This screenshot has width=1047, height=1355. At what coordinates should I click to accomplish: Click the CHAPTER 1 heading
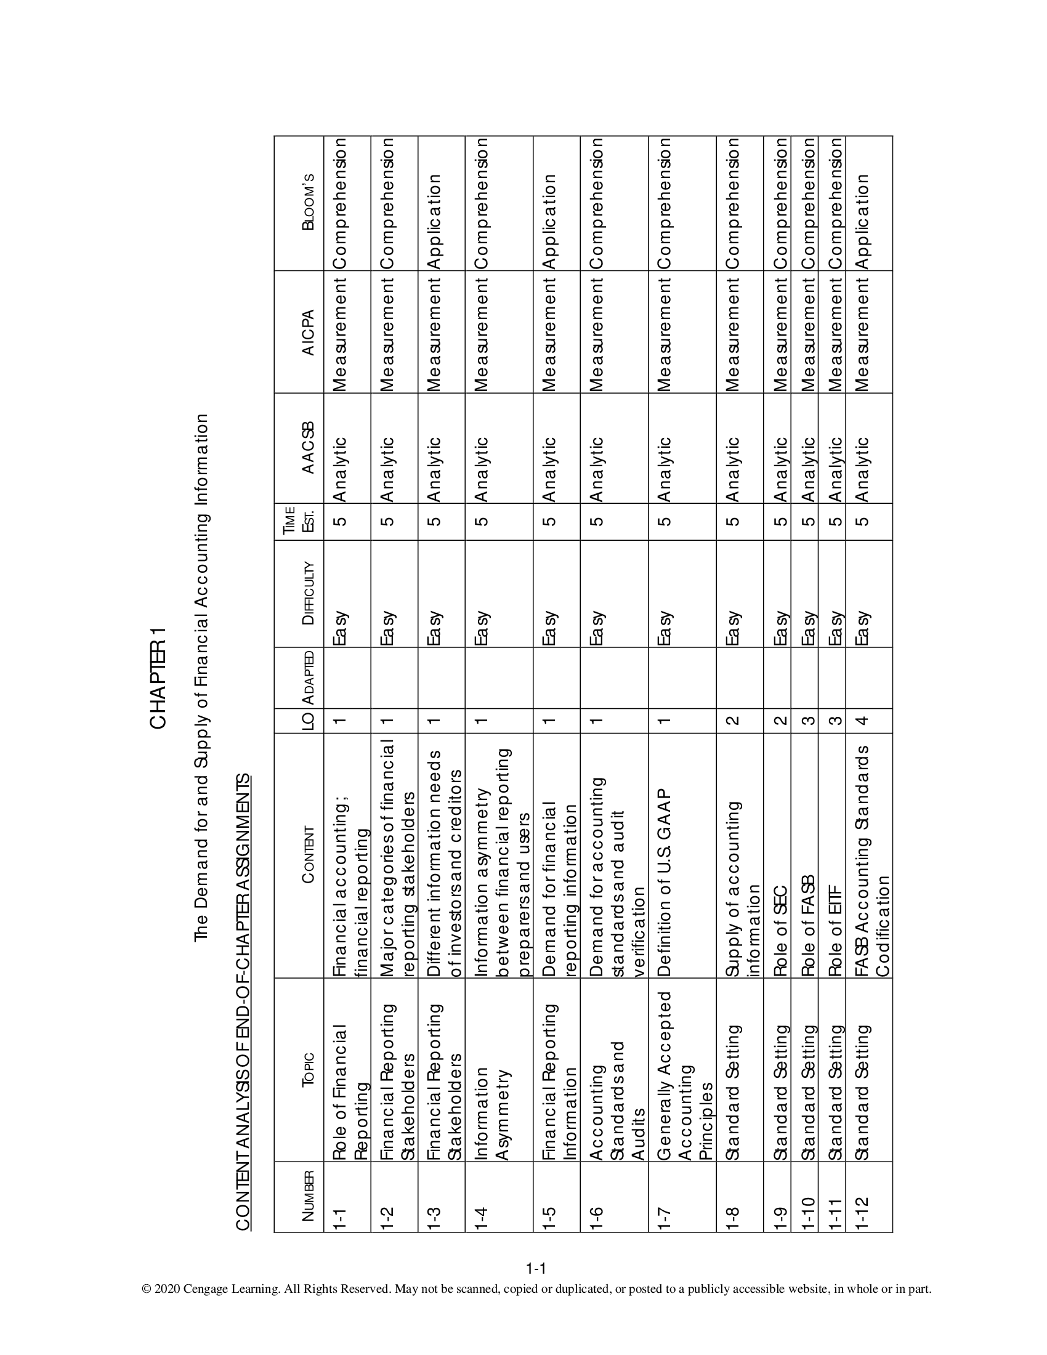pyautogui.click(x=158, y=678)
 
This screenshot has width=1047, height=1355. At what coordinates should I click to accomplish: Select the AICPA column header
pyautogui.click(x=309, y=332)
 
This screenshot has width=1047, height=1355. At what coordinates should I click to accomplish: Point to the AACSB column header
pyautogui.click(x=309, y=447)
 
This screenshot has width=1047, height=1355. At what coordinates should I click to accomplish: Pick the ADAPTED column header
pyautogui.click(x=309, y=678)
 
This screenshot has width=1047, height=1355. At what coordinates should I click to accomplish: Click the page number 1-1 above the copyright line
pyautogui.click(x=535, y=1268)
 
